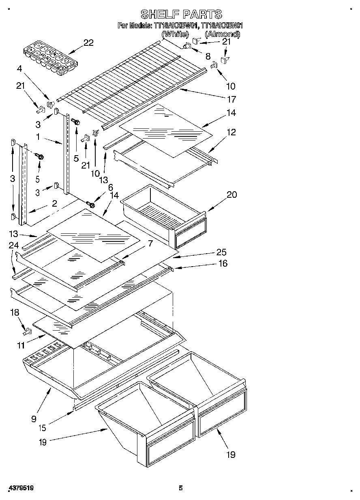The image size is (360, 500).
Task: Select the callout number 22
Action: coord(88,43)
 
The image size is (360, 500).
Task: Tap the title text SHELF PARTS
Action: coord(181,15)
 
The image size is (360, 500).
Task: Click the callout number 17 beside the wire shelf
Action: coord(232,99)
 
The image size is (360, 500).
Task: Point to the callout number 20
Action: coord(231,194)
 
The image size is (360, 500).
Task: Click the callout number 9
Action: coord(33,419)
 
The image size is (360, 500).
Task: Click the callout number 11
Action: coord(21,346)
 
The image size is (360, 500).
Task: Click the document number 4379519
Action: coord(20,488)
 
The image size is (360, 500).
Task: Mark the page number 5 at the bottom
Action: coord(181,488)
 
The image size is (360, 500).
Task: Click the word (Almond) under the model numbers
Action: coord(223,34)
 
